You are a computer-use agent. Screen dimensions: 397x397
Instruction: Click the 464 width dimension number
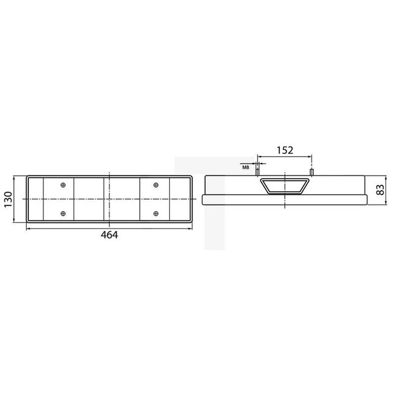coord(109,235)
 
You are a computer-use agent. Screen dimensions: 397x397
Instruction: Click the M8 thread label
coord(246,166)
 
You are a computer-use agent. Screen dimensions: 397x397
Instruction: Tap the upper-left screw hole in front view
coord(63,185)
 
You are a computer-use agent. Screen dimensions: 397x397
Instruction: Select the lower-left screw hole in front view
coord(63,213)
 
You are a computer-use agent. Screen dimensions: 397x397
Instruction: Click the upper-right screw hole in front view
coord(156,185)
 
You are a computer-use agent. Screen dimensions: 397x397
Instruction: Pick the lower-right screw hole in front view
coord(156,213)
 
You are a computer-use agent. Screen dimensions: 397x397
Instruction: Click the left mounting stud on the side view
coord(257,173)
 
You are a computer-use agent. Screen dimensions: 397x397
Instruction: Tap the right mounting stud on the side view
coord(312,173)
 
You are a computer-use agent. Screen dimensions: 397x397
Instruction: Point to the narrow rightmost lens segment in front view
coord(183,199)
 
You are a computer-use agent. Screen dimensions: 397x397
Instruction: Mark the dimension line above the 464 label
coord(109,228)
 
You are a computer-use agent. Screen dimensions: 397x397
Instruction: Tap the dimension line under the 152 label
coord(285,157)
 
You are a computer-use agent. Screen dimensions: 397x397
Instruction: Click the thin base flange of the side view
coord(285,200)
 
